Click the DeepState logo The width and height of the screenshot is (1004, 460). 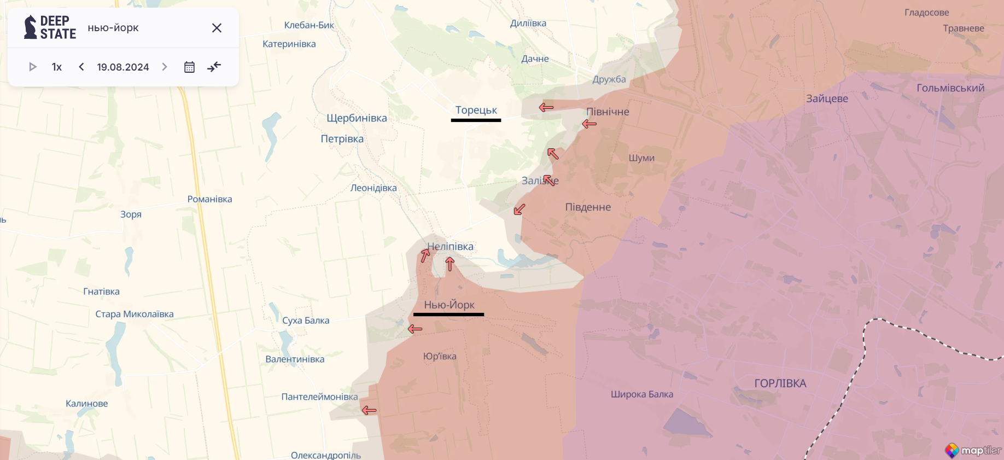click(50, 27)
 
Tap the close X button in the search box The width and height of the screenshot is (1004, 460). click(217, 28)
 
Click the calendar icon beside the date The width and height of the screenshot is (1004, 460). click(189, 67)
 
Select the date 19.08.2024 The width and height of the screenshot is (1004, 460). click(122, 67)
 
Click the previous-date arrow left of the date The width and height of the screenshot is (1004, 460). click(81, 67)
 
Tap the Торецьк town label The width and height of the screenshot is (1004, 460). click(476, 110)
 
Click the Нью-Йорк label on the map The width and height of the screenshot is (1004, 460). click(449, 305)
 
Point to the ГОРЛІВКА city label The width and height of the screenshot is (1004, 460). click(780, 383)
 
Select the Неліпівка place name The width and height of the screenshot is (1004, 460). click(450, 246)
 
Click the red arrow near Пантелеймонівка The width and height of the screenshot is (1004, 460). click(369, 410)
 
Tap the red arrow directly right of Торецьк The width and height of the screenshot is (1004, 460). click(546, 107)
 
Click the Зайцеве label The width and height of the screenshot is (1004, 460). click(827, 98)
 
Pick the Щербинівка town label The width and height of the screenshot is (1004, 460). click(357, 118)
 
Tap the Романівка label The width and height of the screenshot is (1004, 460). click(209, 199)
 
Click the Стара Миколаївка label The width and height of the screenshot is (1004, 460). click(135, 314)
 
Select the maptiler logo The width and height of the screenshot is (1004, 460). click(973, 450)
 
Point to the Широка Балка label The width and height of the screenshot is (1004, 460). click(641, 394)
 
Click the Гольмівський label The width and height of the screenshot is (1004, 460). click(950, 88)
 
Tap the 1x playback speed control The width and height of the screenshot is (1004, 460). click(57, 67)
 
